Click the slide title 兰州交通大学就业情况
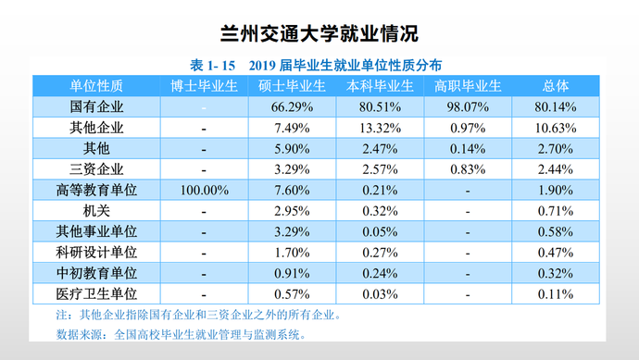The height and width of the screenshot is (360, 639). [320, 34]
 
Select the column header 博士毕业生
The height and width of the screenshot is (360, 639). [203, 87]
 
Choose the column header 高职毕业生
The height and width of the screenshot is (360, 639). [468, 87]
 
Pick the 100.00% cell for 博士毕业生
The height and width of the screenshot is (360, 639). [203, 190]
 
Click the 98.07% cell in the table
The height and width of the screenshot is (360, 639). [468, 107]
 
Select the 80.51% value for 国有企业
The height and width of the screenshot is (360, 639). [379, 107]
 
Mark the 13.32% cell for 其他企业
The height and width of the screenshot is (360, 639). [379, 128]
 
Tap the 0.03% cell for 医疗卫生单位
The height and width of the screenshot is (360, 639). [379, 294]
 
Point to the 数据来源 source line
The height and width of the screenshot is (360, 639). [180, 335]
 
